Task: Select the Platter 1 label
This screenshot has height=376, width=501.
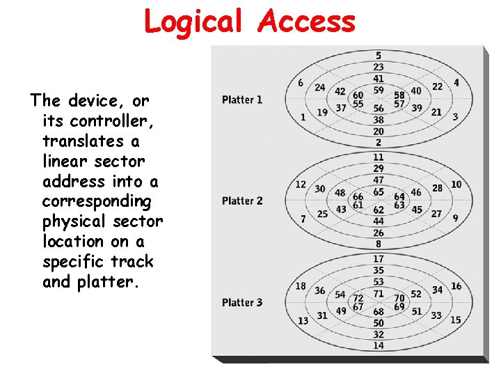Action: pos(242,100)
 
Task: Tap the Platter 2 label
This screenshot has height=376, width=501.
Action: pos(242,201)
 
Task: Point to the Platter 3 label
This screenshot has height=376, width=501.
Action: pos(242,302)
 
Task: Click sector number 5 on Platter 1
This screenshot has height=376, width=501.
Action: pos(379,56)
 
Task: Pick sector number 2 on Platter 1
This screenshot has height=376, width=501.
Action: pos(379,143)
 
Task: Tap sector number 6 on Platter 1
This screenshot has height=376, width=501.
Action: pos(301,83)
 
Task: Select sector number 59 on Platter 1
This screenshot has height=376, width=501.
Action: pos(379,90)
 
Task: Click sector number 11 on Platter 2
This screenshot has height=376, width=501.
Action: pos(379,157)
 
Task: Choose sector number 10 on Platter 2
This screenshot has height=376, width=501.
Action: pos(456,184)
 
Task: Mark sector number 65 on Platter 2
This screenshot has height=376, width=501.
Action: pos(379,191)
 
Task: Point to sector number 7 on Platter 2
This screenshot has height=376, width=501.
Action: pos(303,219)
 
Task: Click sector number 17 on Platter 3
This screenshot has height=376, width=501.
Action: pos(379,259)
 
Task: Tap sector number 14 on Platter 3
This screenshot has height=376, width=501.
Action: pos(379,345)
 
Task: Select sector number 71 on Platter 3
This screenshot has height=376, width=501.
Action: pos(379,294)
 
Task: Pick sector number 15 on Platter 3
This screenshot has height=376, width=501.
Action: pos(456,320)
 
